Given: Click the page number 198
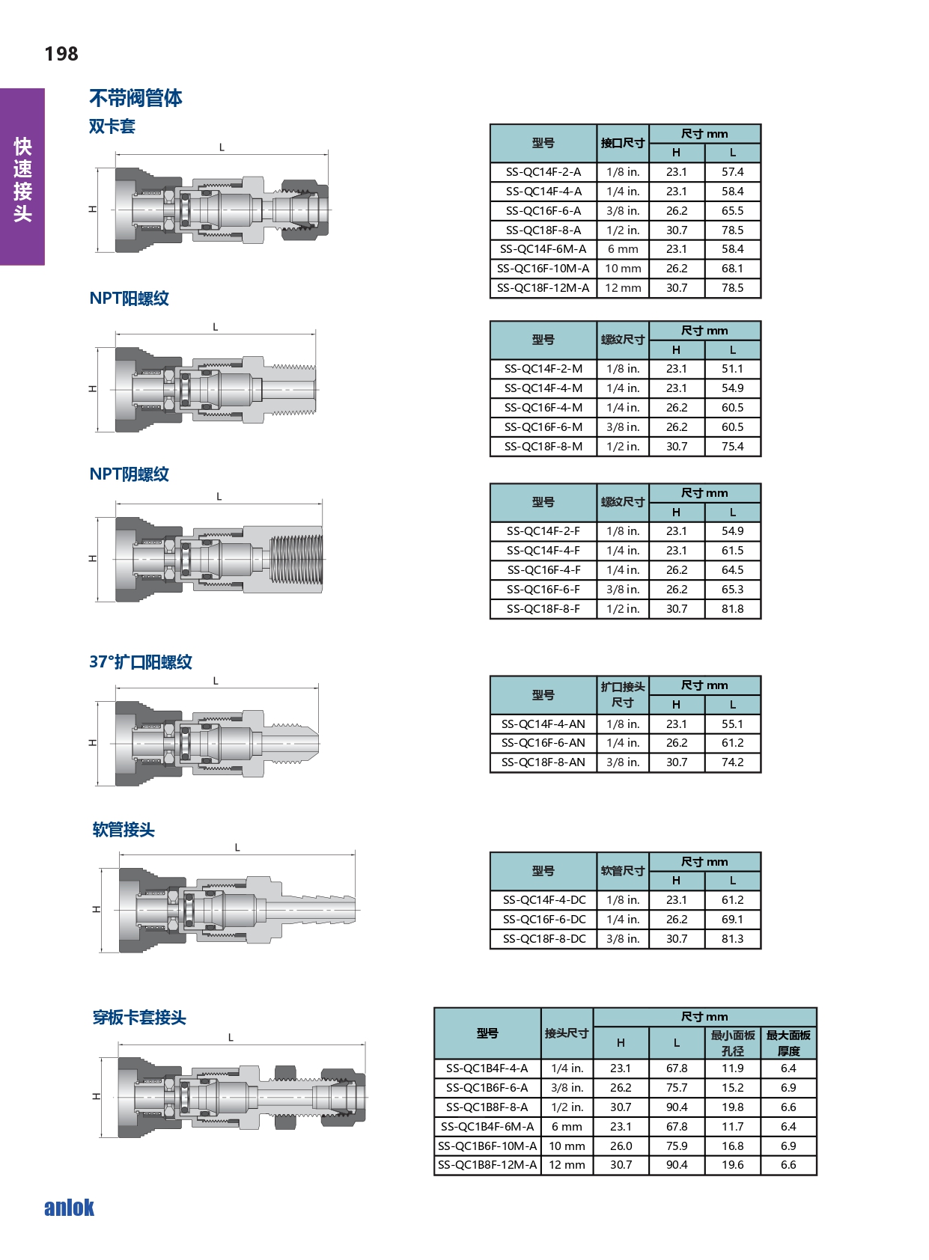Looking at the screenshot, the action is point(61,54).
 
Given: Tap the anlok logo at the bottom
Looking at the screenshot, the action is point(69,1208).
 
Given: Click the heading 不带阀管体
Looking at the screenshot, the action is point(135,98).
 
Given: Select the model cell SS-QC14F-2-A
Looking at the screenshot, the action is point(543,172).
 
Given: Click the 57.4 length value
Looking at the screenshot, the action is point(733,172).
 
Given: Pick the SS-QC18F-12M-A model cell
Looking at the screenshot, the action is point(543,288).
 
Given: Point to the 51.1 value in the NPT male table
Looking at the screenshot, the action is point(733,369).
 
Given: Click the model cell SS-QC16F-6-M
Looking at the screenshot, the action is point(543,427).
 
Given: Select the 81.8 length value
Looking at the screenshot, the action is point(733,608).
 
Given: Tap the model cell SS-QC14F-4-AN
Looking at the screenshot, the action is point(543,724).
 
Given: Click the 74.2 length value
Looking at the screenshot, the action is point(733,762).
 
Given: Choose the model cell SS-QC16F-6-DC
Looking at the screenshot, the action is point(544,919).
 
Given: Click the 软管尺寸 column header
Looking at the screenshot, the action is point(622,871).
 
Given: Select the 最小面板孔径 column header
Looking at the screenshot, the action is point(733,1043).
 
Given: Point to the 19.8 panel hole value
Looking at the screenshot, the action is point(733,1107).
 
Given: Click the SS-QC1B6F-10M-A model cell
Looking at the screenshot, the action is point(487,1146).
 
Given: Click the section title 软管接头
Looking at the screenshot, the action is point(124,830).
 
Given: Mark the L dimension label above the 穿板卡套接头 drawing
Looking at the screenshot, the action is point(231,1037).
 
